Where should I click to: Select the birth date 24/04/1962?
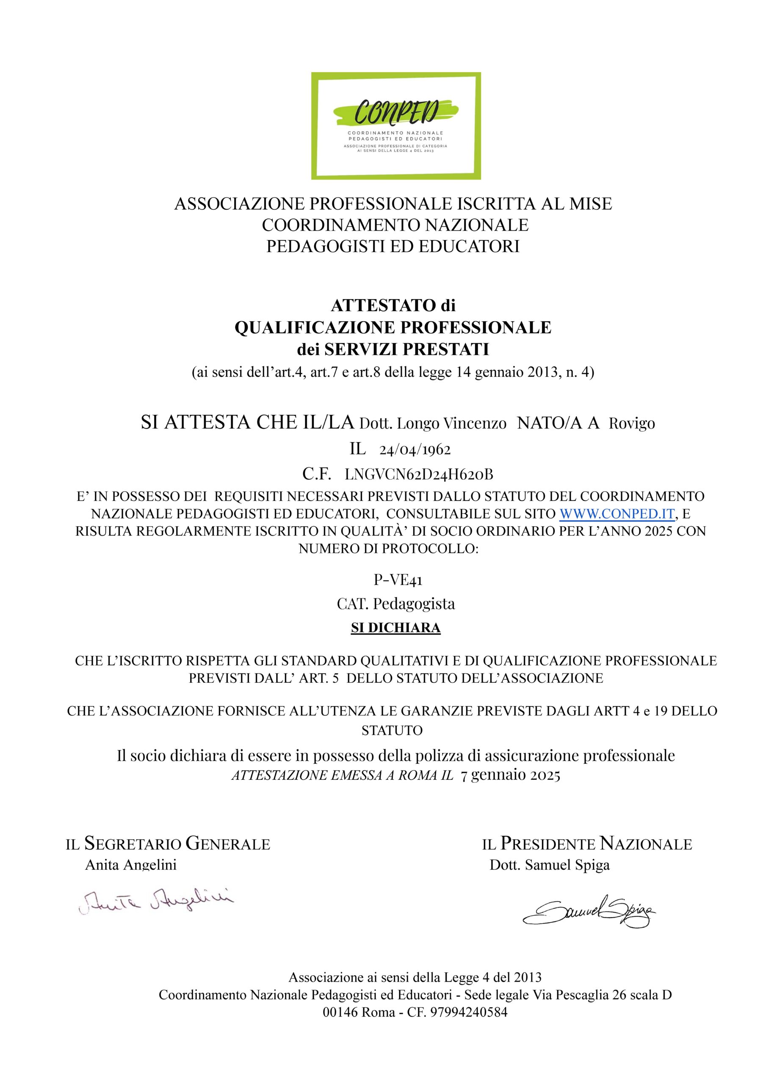coord(415,449)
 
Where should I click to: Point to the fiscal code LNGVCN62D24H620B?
coord(419,474)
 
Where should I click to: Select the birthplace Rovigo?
coord(631,423)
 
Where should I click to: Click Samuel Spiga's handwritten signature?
coord(589,909)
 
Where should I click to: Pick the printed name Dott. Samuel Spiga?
coord(549,865)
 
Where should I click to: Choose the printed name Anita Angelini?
coord(130,865)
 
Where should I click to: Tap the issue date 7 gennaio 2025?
coord(510,776)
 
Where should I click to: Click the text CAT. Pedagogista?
coord(396,604)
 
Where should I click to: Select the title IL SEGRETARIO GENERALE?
coord(168,843)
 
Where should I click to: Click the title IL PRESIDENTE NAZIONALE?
coord(587,843)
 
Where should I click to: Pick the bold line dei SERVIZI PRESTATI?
coord(393,350)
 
